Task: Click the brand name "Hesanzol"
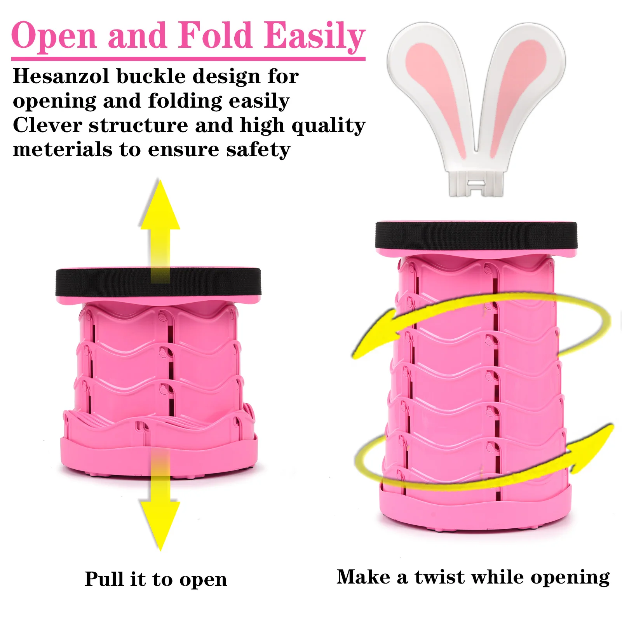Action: point(61,76)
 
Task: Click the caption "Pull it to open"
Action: point(156,579)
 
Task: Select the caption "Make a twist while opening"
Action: point(473,577)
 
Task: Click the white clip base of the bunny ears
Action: point(476,183)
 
